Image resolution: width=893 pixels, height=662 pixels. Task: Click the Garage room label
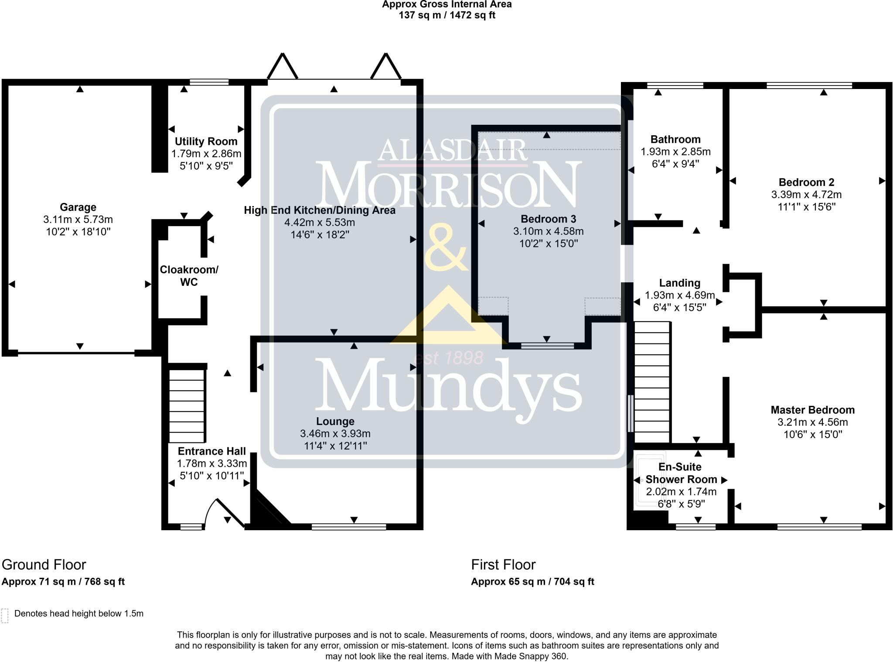tap(78, 207)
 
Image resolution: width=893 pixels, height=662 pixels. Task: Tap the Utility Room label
tap(206, 141)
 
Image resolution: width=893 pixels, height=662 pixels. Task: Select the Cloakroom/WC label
tap(189, 276)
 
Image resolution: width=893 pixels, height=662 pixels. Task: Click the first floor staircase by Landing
tap(651, 382)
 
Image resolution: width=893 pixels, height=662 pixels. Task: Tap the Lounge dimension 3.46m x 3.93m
tap(335, 434)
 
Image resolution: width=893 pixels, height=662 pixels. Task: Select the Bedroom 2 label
tap(806, 182)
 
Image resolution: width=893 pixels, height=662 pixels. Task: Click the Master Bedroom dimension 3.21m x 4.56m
tap(812, 422)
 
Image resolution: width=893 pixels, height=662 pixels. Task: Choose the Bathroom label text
tap(675, 140)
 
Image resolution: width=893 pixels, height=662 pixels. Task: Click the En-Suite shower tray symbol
tap(650, 480)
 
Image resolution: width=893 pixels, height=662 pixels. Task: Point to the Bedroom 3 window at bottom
tap(547, 346)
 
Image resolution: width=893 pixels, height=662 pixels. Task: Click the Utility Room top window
tap(209, 82)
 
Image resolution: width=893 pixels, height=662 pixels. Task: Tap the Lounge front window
tap(349, 527)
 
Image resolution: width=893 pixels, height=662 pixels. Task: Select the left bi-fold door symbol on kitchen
tap(282, 66)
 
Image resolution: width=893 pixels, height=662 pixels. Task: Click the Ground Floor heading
tap(44, 565)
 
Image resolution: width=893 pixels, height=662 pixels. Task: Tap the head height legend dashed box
tap(5, 615)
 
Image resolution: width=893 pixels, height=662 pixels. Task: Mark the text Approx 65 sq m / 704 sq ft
tap(532, 582)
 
